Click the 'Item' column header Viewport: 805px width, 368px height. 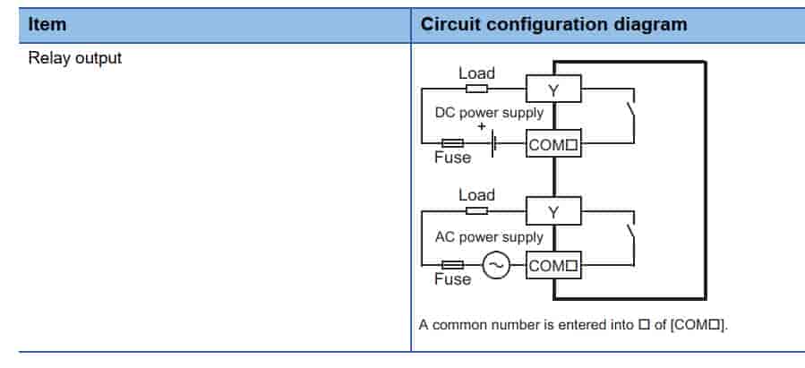tap(47, 24)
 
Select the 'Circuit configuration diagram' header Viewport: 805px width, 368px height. tap(553, 24)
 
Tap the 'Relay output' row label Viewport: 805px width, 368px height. tap(75, 59)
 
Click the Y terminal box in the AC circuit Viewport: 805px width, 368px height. tap(552, 211)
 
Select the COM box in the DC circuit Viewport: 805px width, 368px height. tap(553, 143)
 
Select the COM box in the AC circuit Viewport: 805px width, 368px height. tap(553, 266)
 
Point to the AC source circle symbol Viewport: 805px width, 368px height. tap(496, 266)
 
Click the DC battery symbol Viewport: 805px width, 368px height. tap(493, 143)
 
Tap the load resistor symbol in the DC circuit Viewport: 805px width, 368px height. tap(476, 89)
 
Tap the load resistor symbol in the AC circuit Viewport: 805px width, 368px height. tap(476, 211)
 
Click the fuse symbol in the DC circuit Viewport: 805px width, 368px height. tap(452, 143)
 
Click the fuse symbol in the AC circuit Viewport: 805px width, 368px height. tap(452, 266)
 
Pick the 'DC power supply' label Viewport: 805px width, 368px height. tap(489, 114)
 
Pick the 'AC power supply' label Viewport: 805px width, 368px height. tap(489, 237)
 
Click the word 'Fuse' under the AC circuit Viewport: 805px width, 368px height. tap(452, 280)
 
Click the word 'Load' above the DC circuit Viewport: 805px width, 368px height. tap(476, 73)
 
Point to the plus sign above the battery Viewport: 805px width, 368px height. tap(482, 127)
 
